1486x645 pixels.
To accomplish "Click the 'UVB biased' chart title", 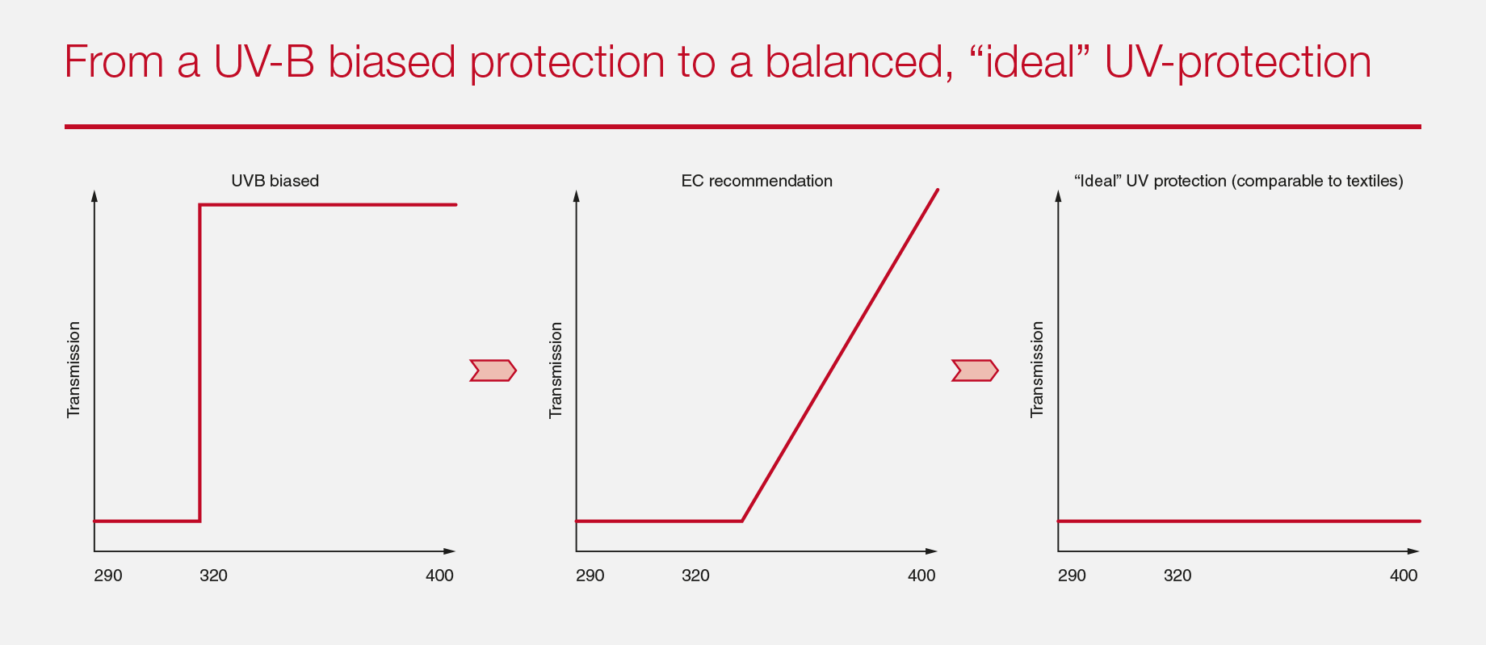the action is [x=275, y=181].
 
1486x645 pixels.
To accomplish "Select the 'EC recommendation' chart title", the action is [x=757, y=181].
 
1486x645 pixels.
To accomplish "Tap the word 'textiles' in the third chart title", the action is [x=1374, y=181].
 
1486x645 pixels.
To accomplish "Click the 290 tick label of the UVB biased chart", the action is [x=108, y=576].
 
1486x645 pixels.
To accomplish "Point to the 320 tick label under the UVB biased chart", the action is [x=213, y=576].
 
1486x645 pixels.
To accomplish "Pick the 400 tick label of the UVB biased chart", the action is [x=439, y=576].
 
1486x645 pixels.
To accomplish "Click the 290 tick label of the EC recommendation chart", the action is [x=590, y=576].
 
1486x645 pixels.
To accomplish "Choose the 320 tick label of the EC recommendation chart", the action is [x=695, y=576].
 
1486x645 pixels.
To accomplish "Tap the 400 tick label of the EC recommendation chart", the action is [x=921, y=576].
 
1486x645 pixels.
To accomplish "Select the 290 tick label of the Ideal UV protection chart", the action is [x=1072, y=576].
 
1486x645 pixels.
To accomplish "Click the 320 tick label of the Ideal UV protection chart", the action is [x=1177, y=576].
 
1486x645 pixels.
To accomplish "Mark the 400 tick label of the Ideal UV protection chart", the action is [x=1404, y=576].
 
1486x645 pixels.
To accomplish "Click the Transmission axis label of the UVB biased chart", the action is [x=73, y=370].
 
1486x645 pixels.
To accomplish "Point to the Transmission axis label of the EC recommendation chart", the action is [x=556, y=370].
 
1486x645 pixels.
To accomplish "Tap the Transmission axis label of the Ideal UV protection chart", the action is [x=1037, y=370].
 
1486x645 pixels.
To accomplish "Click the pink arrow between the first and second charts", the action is [x=493, y=371].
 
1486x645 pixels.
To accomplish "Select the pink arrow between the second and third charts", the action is [x=975, y=371].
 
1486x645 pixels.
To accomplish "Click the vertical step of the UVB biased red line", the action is [x=199, y=363].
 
